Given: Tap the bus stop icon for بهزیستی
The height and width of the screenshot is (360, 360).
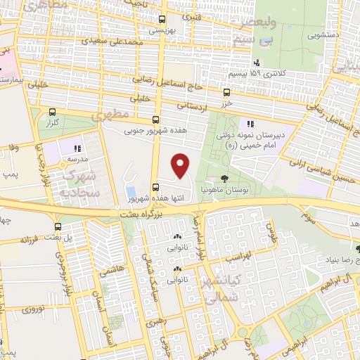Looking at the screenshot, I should (162, 19).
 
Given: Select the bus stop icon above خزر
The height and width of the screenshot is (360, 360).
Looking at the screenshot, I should (226, 92).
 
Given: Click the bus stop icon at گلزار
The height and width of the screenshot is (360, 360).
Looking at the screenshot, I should (51, 112).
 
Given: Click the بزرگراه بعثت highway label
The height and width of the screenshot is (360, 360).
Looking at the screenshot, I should (174, 210).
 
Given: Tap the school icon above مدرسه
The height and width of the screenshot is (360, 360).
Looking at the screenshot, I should (77, 148).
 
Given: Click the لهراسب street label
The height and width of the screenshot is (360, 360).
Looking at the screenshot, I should (236, 258).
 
